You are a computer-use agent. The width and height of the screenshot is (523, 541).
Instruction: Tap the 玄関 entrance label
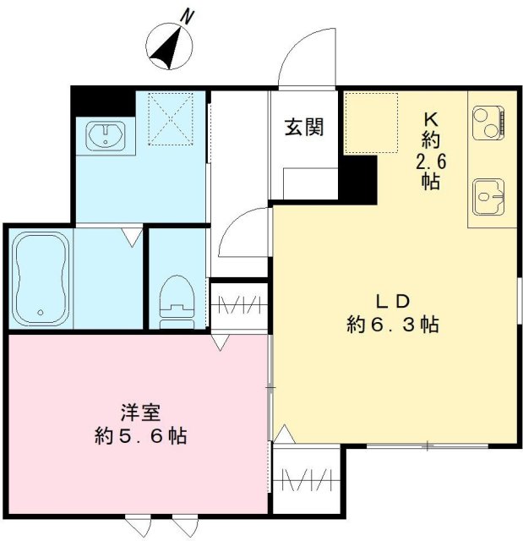(x=303, y=128)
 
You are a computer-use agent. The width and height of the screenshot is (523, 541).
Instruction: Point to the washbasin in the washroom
(x=106, y=134)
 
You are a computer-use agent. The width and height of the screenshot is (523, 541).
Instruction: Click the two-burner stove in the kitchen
(x=488, y=124)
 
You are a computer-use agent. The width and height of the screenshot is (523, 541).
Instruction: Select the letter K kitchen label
(x=429, y=118)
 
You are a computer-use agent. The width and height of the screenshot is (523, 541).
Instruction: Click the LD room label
(x=392, y=300)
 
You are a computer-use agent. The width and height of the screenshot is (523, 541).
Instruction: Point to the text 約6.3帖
(x=392, y=324)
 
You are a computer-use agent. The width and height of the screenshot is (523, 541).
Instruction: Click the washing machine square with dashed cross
(x=172, y=117)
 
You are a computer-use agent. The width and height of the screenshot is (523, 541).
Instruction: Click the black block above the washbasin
(x=102, y=101)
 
